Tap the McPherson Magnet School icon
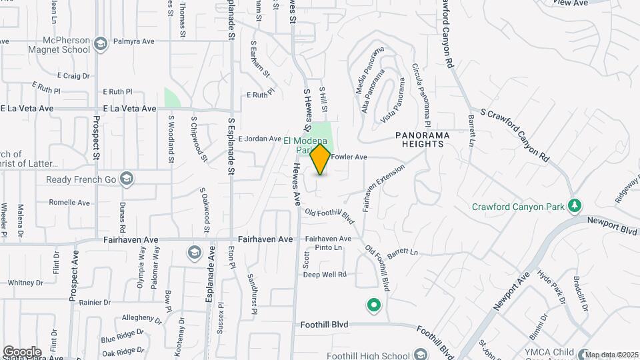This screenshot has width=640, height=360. [x=100, y=45]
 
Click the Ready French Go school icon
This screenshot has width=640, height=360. [x=127, y=179]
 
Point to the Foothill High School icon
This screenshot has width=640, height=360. [x=420, y=354]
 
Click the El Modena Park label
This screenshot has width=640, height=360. [x=305, y=145]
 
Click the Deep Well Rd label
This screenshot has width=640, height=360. [x=325, y=274]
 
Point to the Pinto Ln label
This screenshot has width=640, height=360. [x=328, y=247]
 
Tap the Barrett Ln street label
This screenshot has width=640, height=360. [x=402, y=253]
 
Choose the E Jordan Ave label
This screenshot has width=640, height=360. [x=259, y=139]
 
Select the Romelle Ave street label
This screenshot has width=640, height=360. [x=69, y=202]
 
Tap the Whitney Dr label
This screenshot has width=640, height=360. [x=25, y=282]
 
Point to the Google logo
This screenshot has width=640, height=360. [x=22, y=351]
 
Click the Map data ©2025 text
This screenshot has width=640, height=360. [x=612, y=354]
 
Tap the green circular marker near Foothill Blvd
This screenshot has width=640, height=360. [x=374, y=306]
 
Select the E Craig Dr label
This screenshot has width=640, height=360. [x=73, y=76]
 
